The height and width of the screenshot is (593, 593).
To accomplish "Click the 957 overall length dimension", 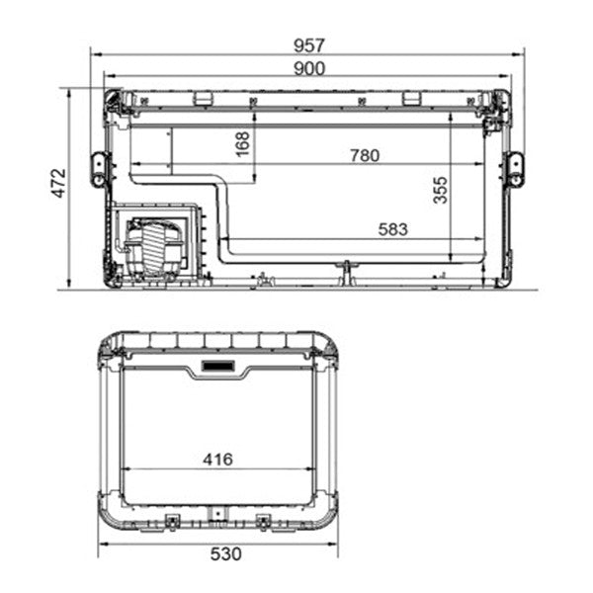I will coord(308,45).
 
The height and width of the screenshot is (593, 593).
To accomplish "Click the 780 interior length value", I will coord(365,155).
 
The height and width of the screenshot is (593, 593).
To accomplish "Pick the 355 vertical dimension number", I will coord(441,191).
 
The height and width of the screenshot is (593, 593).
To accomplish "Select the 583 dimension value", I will coord(392,228).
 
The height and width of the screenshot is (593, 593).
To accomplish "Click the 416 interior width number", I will coord(217,459).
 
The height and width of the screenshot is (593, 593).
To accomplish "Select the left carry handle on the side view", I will coord(99,169).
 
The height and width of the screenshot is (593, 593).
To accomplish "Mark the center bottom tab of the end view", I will coord(217,516).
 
